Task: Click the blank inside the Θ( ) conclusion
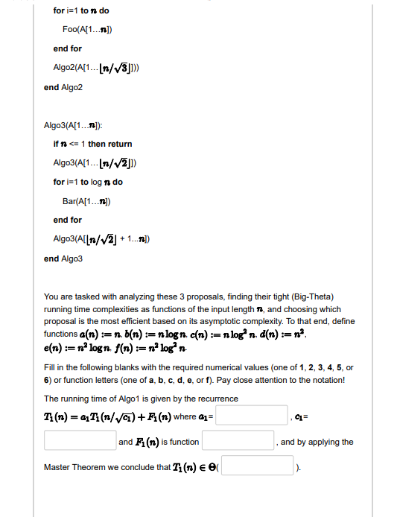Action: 258,466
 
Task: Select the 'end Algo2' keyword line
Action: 63,87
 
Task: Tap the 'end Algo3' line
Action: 63,258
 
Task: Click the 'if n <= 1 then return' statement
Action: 92,143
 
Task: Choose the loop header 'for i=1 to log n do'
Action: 88,182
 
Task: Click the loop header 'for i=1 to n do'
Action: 80,10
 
